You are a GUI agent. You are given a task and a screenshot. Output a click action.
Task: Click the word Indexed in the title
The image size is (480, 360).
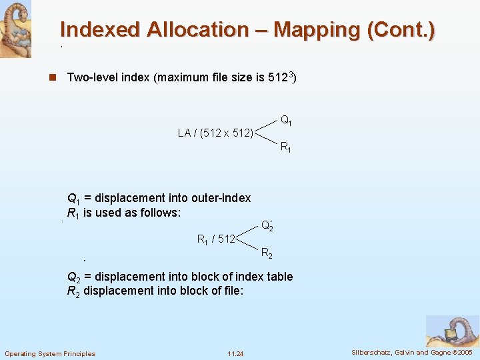(101, 30)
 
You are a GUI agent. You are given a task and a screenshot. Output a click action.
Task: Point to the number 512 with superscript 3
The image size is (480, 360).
(282, 77)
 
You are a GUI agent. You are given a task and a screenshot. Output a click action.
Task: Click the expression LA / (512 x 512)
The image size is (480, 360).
(215, 133)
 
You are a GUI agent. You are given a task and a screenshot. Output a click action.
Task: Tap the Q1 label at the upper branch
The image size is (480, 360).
(285, 121)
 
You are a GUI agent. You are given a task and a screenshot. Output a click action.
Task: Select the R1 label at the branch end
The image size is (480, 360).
(285, 147)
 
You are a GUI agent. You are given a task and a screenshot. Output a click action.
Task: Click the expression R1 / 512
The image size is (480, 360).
(216, 239)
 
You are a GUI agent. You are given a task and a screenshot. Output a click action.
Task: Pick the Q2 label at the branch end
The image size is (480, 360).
(267, 226)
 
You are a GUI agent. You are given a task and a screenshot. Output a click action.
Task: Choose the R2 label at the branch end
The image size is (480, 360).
(266, 253)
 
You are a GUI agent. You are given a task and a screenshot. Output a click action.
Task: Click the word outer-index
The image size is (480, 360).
(221, 198)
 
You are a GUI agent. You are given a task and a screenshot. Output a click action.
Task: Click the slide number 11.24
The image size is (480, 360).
(235, 353)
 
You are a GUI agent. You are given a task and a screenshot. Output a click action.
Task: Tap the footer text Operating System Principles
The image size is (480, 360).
(50, 353)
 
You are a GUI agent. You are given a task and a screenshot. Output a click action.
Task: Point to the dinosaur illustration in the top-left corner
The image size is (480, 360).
(15, 29)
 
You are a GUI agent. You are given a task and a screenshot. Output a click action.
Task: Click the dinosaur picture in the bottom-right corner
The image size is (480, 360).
(453, 331)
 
